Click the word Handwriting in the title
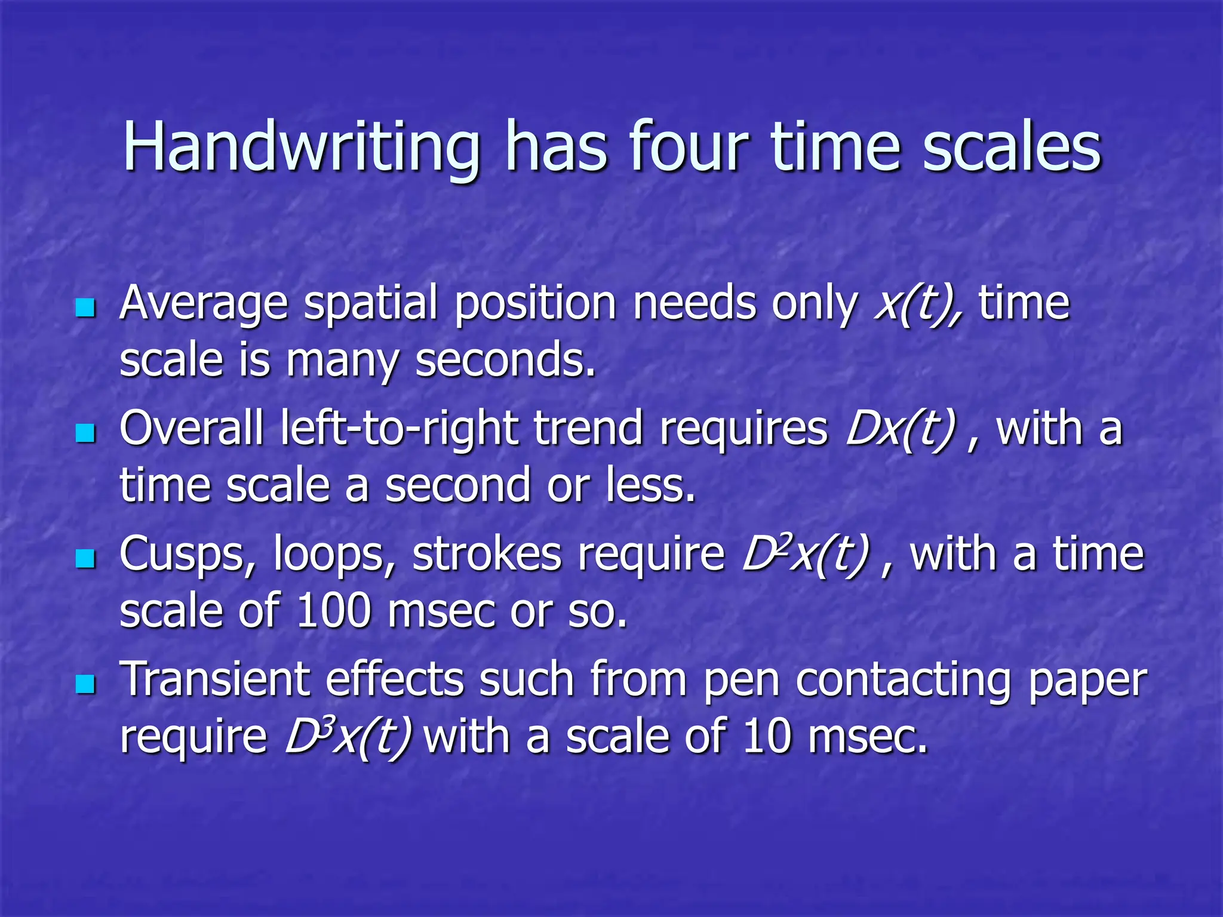click(x=302, y=148)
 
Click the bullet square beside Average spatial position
click(x=86, y=308)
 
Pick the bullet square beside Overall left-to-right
click(x=86, y=433)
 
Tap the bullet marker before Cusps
click(x=86, y=559)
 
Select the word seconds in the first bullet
click(x=505, y=360)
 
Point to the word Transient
click(x=215, y=679)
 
